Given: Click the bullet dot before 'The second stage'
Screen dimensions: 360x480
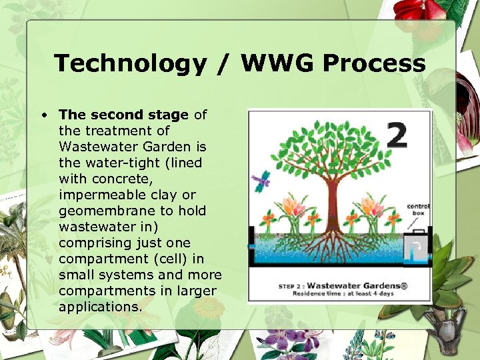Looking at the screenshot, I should click(x=43, y=115).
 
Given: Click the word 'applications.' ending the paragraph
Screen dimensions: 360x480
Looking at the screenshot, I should click(x=99, y=307).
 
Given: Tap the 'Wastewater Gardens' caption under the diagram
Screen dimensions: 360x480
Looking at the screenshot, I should click(x=359, y=285).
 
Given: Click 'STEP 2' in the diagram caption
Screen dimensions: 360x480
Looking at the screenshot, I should click(x=291, y=286).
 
